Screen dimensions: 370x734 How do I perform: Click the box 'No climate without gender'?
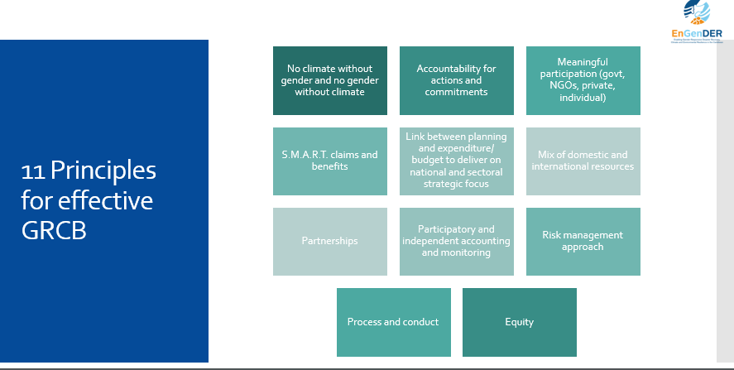point(329,80)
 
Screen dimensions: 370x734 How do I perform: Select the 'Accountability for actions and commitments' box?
point(456,80)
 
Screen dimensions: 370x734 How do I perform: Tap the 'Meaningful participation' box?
point(583,80)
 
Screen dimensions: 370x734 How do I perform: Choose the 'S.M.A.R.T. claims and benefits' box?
point(329,161)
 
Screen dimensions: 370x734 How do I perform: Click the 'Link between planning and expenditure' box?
point(456,161)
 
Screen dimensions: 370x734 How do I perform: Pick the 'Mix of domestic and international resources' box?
point(583,161)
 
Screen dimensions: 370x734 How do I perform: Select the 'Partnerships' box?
point(329,241)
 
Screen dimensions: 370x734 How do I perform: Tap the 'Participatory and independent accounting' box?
point(456,241)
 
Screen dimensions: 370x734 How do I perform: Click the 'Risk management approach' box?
point(583,241)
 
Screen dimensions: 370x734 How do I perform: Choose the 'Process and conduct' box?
point(393,322)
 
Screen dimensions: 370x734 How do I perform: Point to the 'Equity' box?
point(519,322)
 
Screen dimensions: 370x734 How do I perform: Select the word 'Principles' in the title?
point(103,171)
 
